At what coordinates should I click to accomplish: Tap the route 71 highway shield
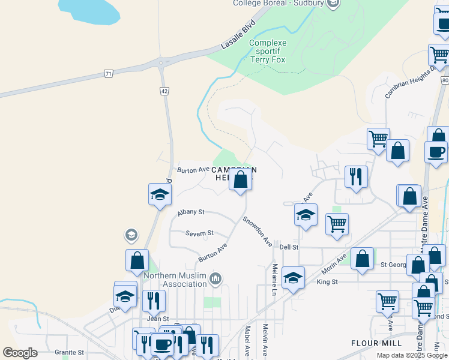tap(108, 74)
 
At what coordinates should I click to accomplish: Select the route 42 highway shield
tap(164, 91)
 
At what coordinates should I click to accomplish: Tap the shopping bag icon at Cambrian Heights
tap(240, 180)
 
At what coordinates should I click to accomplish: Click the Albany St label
tap(191, 212)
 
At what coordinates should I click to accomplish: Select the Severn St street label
tap(199, 233)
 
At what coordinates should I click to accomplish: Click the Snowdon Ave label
tap(258, 230)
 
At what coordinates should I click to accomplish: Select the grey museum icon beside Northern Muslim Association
tap(216, 278)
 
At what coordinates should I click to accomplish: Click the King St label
tap(327, 281)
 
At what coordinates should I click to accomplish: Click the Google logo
tap(20, 353)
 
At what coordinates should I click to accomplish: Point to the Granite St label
tap(67, 352)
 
